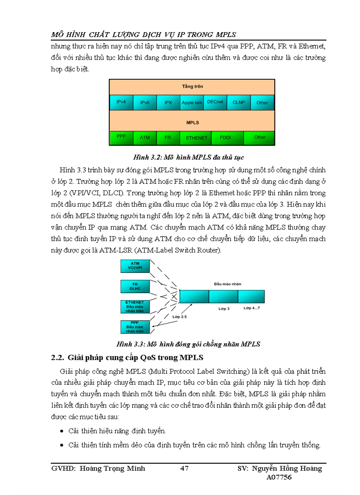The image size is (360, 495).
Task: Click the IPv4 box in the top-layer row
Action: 121,102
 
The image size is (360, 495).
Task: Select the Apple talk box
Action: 192,102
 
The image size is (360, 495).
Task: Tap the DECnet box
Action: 215,102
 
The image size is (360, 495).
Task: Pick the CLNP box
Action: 239,102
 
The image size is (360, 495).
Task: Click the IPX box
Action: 168,102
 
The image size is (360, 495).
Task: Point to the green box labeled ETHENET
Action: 196,138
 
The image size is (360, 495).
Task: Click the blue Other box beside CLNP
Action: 262,102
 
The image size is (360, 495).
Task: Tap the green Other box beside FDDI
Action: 260,138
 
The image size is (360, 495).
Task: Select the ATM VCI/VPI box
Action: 135,266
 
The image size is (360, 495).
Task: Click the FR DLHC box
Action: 135,286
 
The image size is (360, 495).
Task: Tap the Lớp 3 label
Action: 224,309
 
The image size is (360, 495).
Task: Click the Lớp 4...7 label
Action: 252,308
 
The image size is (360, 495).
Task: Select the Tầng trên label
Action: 192,86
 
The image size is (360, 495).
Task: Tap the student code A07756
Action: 279,477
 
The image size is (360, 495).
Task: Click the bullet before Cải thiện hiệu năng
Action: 61,431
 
